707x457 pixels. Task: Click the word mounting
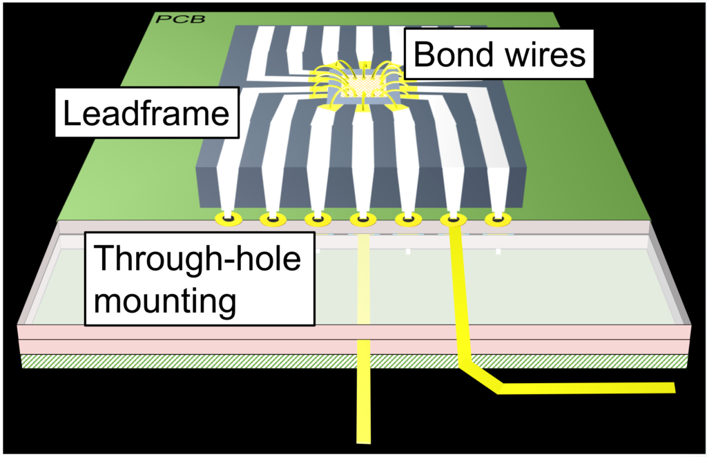tap(164, 300)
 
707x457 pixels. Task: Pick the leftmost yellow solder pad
tap(227, 220)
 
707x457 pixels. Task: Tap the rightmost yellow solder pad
tap(497, 220)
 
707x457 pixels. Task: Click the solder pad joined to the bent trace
tap(453, 220)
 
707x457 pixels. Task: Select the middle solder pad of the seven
tap(362, 220)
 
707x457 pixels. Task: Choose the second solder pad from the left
tap(272, 220)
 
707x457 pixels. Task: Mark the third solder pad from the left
tap(318, 220)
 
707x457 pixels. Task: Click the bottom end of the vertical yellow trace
tap(363, 438)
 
